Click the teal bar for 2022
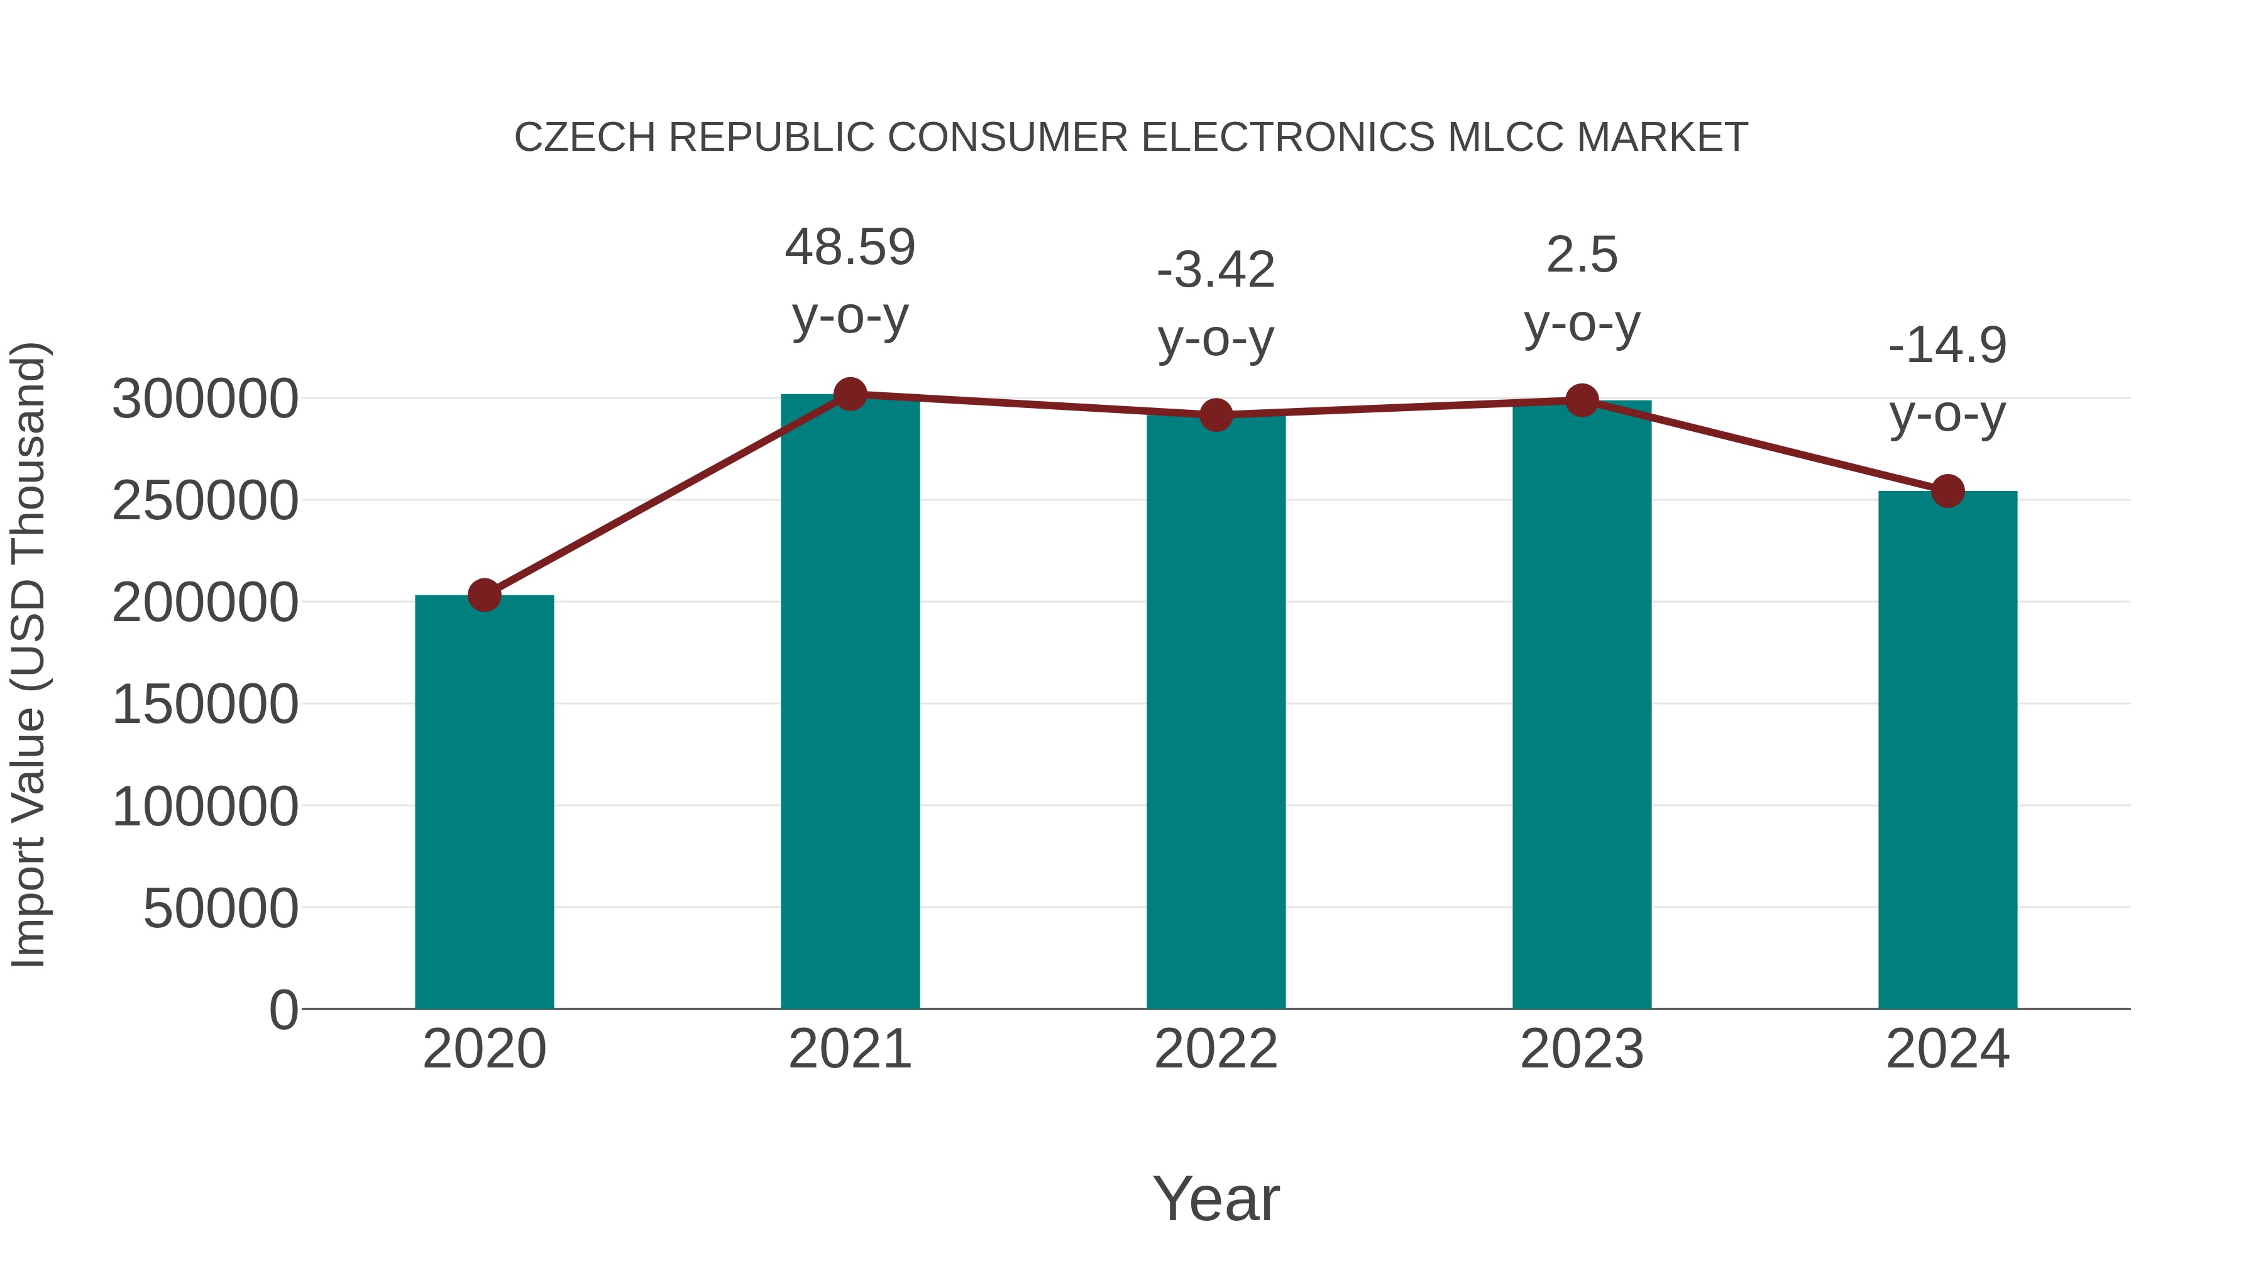(1216, 712)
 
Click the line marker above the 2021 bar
(849, 394)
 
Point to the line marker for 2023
(1582, 400)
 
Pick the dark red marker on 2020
(484, 595)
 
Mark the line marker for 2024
(1947, 491)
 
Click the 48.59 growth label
(849, 247)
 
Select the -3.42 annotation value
(1216, 270)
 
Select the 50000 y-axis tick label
(221, 908)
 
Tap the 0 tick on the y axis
(283, 1010)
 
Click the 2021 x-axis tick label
(849, 1049)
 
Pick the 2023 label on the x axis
(1582, 1049)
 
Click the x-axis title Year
(1216, 1198)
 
